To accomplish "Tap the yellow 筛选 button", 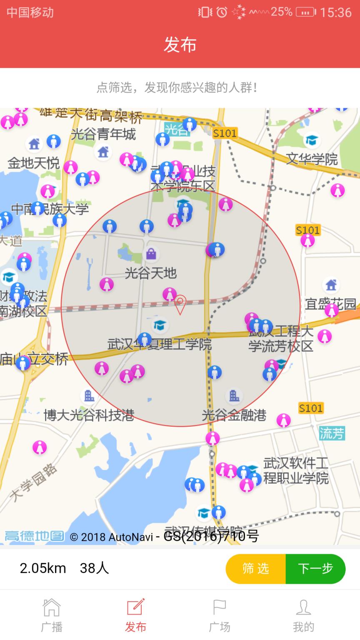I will point(256,569).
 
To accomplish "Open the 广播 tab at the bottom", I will point(52,615).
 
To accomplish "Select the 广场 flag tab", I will point(220,615).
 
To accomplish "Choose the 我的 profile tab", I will point(303,615).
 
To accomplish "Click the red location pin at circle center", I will point(180,304).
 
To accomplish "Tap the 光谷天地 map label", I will point(151,273).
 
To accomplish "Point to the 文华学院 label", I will point(312,159).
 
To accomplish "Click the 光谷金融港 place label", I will point(234,415).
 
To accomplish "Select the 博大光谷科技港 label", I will point(89,415).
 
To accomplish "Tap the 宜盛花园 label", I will point(331,304).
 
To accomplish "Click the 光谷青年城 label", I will point(103,134).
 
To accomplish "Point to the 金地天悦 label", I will point(34,163).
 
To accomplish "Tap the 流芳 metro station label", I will point(332,433).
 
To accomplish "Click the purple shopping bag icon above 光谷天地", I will point(151,254).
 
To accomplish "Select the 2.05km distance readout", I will point(43,568).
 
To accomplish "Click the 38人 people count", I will point(94,568).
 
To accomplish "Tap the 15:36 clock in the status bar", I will point(336,12).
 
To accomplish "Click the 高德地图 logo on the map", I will point(34,536).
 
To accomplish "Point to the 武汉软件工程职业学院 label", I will point(296,470).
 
